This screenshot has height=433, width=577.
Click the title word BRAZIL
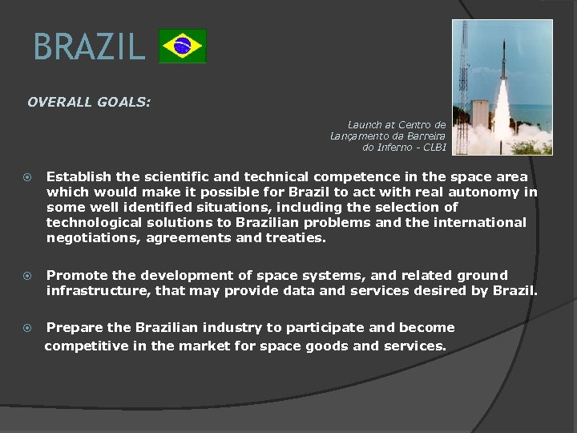89,47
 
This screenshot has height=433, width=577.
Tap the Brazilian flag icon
183,46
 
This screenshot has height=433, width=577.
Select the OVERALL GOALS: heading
89,103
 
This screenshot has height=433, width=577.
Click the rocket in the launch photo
502,68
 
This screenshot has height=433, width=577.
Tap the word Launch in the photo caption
365,125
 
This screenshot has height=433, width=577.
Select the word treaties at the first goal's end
299,237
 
